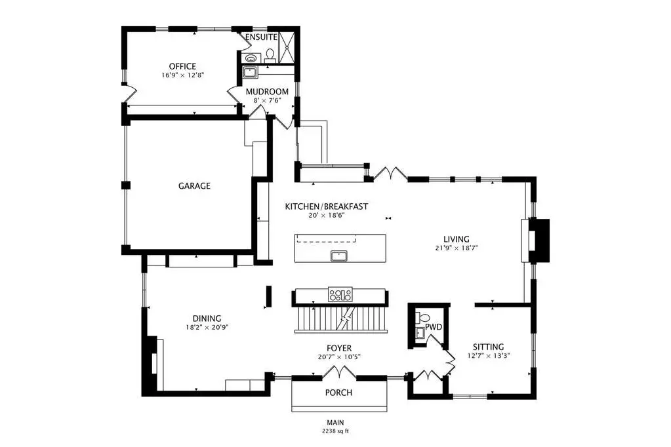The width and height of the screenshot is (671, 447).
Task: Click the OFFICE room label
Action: [182, 66]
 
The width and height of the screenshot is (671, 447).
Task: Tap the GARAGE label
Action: [194, 185]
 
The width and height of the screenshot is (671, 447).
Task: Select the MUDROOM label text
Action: [267, 92]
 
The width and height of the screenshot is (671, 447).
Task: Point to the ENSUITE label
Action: [261, 37]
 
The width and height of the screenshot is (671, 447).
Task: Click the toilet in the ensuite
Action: [270, 55]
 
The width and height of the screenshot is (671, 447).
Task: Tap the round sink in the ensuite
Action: [251, 58]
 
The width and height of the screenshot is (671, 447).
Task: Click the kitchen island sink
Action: [339, 256]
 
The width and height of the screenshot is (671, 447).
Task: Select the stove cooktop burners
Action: [340, 294]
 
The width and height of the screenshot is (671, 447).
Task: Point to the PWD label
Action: [434, 327]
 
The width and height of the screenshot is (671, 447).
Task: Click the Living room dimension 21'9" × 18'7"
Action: [456, 248]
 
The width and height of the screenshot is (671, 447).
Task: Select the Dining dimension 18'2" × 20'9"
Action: [207, 327]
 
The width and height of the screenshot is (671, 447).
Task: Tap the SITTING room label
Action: [488, 347]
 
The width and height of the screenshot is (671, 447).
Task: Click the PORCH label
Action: [338, 392]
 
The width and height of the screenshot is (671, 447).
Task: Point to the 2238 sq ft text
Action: [336, 431]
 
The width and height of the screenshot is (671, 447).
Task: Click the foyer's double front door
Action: [339, 373]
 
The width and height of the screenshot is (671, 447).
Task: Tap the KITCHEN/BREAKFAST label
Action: [327, 206]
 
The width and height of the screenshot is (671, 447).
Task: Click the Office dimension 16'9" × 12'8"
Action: [183, 75]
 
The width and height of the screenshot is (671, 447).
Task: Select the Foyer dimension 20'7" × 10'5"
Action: [339, 357]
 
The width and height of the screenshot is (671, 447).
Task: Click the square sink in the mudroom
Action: [249, 72]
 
